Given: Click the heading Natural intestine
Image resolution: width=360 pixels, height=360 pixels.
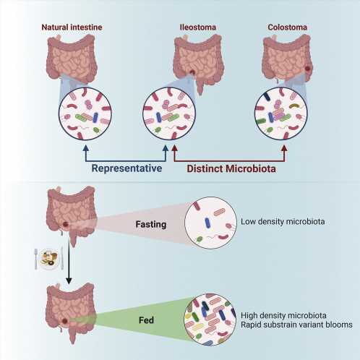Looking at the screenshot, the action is click(72, 27).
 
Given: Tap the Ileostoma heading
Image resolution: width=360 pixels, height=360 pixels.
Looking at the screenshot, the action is click(198, 27).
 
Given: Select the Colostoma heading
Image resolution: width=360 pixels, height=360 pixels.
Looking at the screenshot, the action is click(287, 27).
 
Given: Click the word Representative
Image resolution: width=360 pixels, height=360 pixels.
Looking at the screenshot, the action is click(127, 168).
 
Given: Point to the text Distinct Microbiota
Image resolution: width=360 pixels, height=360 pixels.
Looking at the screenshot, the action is click(231, 168).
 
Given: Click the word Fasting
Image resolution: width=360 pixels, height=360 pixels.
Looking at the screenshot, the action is click(151, 224).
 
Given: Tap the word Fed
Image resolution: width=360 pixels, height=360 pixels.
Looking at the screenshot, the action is click(146, 320).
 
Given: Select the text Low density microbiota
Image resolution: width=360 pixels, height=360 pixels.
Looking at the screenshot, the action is click(283, 221).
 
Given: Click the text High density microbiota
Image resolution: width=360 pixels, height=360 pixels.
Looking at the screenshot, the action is click(283, 315).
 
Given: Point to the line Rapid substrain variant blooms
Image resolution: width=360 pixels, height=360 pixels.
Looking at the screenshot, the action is click(296, 325).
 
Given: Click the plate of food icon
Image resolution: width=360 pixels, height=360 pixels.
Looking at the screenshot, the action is click(49, 259).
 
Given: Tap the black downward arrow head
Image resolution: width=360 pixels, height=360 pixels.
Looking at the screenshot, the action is click(69, 280).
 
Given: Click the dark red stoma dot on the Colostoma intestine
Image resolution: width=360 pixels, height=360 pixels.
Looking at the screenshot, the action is click(308, 69).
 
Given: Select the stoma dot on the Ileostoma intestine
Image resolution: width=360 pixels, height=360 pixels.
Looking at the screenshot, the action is click(192, 72).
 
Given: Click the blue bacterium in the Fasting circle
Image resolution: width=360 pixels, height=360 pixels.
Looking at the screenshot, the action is click(207, 223).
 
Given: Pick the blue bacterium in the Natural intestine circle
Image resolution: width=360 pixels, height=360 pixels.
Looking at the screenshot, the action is click(95, 118).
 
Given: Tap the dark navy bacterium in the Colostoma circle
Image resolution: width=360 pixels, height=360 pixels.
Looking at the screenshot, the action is click(267, 96).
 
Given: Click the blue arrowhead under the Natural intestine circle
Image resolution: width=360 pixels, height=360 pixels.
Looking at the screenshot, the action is click(86, 148).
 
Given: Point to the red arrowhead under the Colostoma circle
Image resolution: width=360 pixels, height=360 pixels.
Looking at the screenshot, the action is click(285, 148).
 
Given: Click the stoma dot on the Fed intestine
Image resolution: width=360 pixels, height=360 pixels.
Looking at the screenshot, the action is click(64, 321).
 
